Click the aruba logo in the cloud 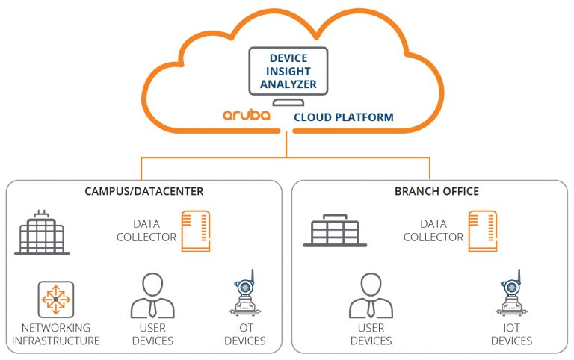(x=247, y=115)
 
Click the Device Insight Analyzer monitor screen (x=288, y=71)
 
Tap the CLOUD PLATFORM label (x=344, y=117)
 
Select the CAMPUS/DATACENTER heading (x=143, y=191)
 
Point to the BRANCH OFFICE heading (x=436, y=191)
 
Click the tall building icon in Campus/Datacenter (x=42, y=233)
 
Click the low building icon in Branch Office (x=335, y=231)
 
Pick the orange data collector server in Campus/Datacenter (x=196, y=232)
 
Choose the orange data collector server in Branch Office (x=483, y=232)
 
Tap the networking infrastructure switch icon (x=56, y=300)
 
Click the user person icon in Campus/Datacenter (x=152, y=295)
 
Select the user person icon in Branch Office (x=371, y=295)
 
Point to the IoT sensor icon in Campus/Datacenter (x=245, y=293)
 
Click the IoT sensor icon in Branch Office (x=511, y=293)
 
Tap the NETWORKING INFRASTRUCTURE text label (x=56, y=334)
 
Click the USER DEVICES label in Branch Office (x=371, y=334)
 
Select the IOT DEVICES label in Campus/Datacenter (x=245, y=334)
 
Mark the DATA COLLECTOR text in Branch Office (x=433, y=231)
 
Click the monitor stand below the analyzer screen (x=288, y=102)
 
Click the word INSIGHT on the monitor (x=288, y=72)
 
